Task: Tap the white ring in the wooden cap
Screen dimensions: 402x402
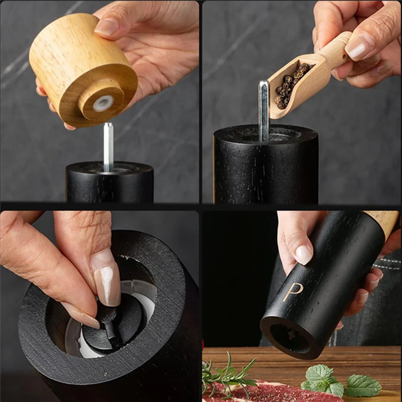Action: (x=103, y=103)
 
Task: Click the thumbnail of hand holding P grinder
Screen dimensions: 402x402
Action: (x=304, y=254)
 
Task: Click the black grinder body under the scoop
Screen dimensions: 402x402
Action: (x=266, y=166)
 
